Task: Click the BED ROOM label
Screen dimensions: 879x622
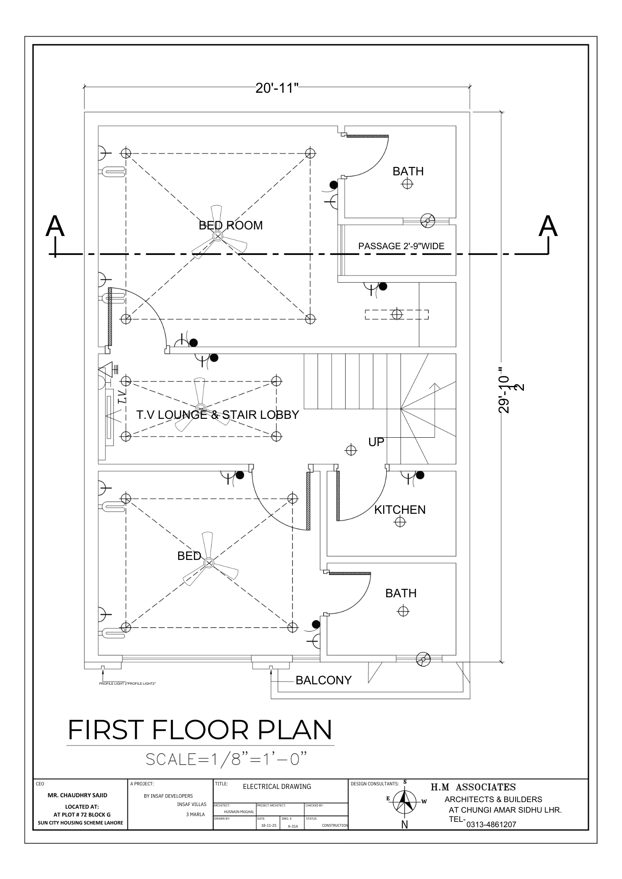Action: pyautogui.click(x=231, y=225)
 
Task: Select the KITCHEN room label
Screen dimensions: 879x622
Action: pyautogui.click(x=400, y=510)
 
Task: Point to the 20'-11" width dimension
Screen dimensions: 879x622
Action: pyautogui.click(x=277, y=88)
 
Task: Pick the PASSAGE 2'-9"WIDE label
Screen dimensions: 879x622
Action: pyautogui.click(x=401, y=246)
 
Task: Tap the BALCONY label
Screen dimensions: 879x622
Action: pyautogui.click(x=323, y=680)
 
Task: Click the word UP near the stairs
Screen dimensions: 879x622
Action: pyautogui.click(x=376, y=442)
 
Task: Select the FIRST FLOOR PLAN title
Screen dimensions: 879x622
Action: pyautogui.click(x=200, y=730)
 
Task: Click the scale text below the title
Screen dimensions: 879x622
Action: pyautogui.click(x=226, y=759)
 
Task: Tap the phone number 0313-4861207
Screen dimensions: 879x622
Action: pyautogui.click(x=491, y=825)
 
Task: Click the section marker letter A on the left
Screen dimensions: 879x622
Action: pyautogui.click(x=55, y=227)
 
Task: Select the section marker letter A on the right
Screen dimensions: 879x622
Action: pyautogui.click(x=548, y=227)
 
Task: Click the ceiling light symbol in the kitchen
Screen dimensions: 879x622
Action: pyautogui.click(x=400, y=522)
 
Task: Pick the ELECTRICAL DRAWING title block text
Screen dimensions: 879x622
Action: pyautogui.click(x=277, y=786)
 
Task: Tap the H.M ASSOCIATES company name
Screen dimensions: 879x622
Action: pyautogui.click(x=473, y=787)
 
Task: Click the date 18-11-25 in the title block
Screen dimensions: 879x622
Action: pyautogui.click(x=268, y=825)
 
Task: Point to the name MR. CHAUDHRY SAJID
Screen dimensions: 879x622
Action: pyautogui.click(x=77, y=795)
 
